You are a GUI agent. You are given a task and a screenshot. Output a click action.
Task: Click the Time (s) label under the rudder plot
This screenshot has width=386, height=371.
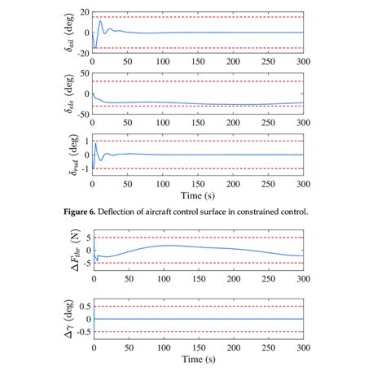[x=198, y=197]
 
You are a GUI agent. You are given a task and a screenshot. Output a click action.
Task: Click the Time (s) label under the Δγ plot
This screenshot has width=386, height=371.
[x=198, y=359]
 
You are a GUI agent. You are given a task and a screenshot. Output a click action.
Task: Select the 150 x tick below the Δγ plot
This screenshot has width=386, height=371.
[x=198, y=347]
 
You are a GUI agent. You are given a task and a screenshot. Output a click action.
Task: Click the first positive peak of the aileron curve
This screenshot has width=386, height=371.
[x=100, y=20]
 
